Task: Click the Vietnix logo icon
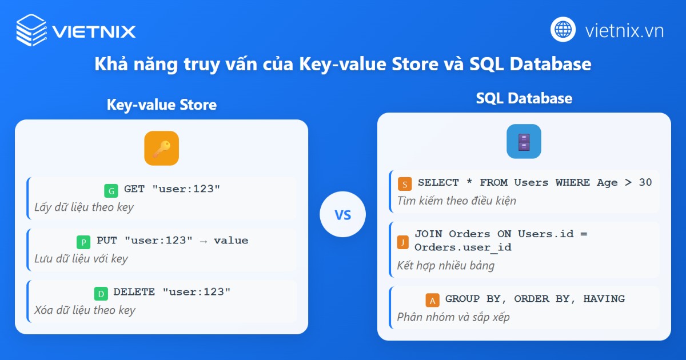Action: [31, 30]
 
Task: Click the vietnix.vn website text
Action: [624, 30]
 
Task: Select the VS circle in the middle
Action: [342, 215]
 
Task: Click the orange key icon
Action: [161, 149]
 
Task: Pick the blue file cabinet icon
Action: [524, 141]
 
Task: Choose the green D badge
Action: [101, 294]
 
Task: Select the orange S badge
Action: [405, 184]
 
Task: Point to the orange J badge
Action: [403, 242]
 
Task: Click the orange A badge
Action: [433, 300]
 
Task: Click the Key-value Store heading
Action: [162, 105]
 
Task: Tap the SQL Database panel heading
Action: [524, 98]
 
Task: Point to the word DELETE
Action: [134, 292]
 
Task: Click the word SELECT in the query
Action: [438, 182]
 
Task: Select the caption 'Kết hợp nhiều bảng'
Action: [446, 266]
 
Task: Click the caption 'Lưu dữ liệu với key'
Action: [81, 259]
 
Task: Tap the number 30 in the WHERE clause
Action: [645, 182]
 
